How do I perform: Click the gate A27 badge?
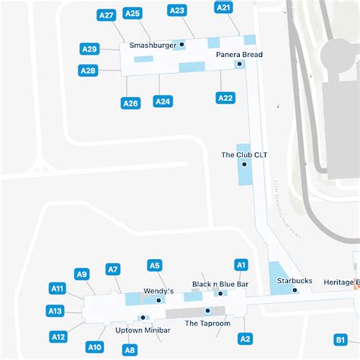pos(106,15)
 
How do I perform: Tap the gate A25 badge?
pos(132,13)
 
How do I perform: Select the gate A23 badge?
pos(177,11)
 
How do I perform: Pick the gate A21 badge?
pos(223,8)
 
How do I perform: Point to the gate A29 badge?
pos(90,49)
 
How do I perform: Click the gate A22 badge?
pos(226,98)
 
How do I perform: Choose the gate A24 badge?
pos(163,101)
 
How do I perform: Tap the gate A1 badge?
pos(241,265)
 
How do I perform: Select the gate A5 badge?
pos(154,266)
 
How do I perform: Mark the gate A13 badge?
pos(55,311)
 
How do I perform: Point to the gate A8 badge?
pos(130,350)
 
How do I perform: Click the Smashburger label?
pos(153,46)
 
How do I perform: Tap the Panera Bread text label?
pos(238,55)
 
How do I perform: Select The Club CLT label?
pos(244,155)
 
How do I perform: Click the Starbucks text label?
pos(294,281)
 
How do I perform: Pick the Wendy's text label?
pos(159,291)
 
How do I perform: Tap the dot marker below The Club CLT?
pos(245,164)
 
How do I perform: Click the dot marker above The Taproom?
pos(207,311)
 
